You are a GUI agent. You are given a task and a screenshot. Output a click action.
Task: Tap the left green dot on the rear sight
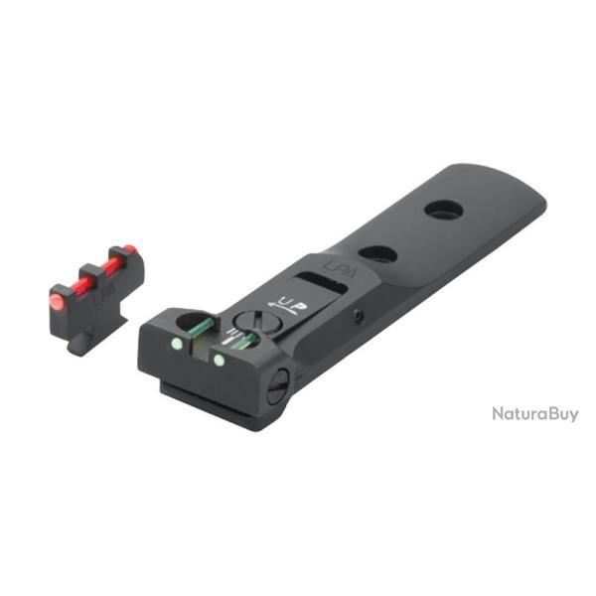(x=176, y=345)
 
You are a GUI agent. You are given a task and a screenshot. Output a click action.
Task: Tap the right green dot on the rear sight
(x=218, y=357)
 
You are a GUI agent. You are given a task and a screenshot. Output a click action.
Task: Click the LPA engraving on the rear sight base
(x=338, y=266)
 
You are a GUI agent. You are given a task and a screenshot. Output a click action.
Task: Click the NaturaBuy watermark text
(x=534, y=413)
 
